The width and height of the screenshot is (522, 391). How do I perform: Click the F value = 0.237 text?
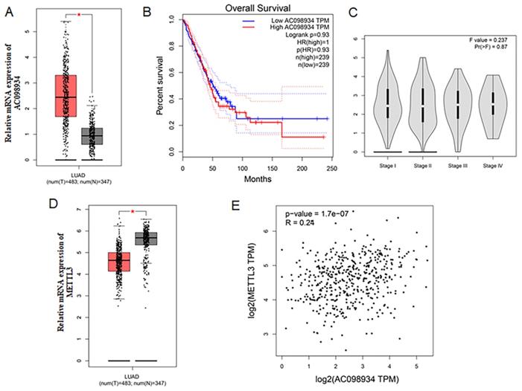[x=488, y=37]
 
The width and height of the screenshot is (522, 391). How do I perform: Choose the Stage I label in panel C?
[x=387, y=164]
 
